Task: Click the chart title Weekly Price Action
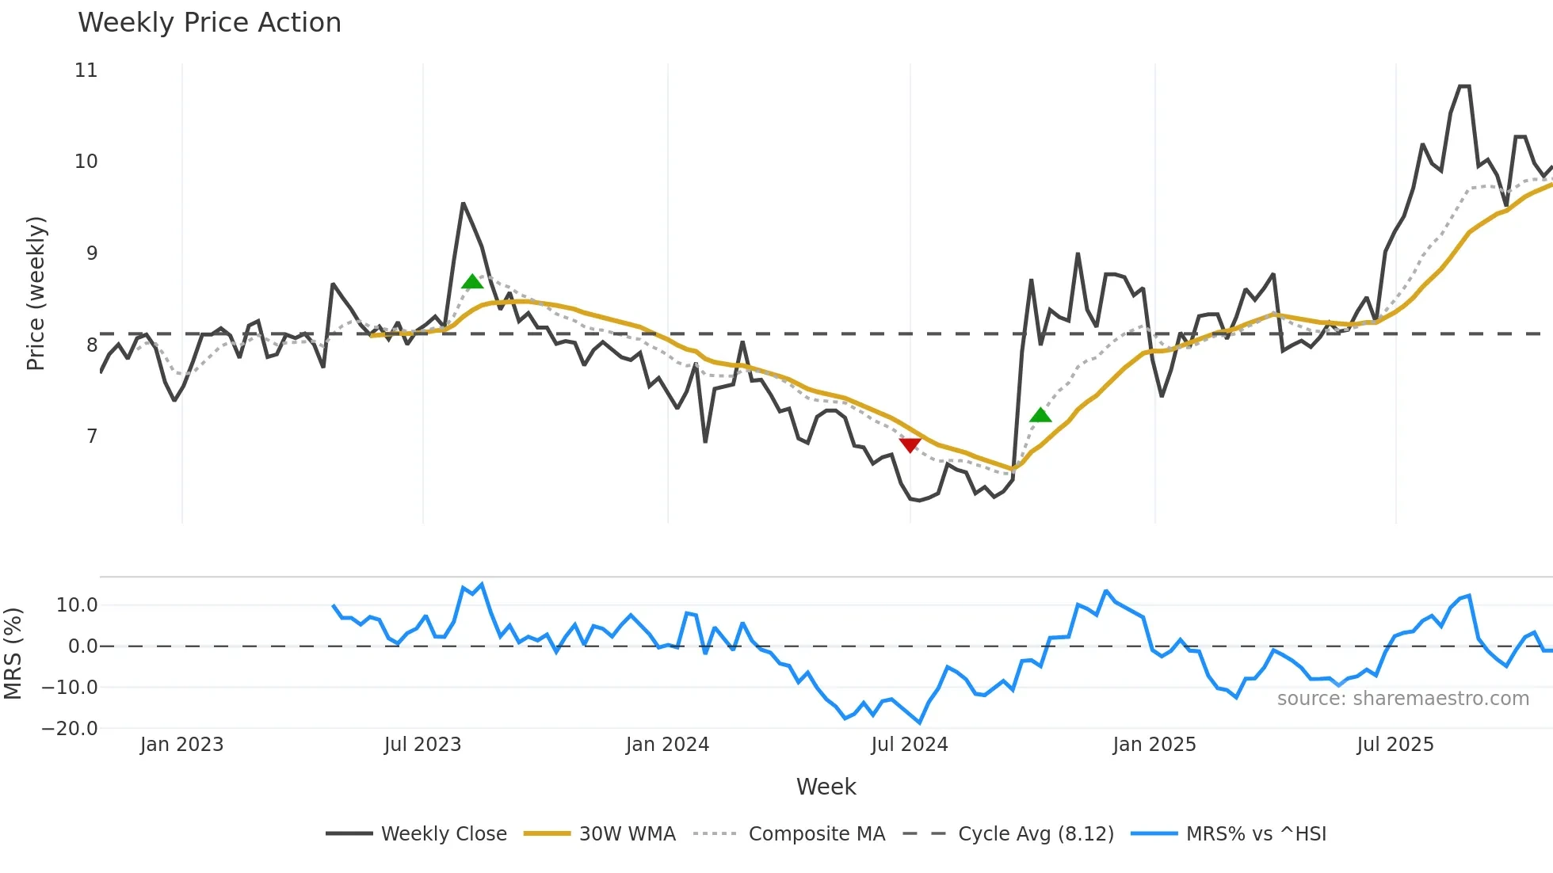[x=209, y=23]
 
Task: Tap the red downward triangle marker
[x=910, y=445]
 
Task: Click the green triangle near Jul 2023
[x=472, y=282]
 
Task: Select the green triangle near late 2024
[x=1040, y=415]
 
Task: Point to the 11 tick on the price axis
[x=86, y=71]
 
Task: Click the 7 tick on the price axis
[x=92, y=436]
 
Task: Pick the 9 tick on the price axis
[x=92, y=254]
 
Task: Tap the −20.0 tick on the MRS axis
[x=70, y=729]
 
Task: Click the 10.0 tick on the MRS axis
[x=77, y=605]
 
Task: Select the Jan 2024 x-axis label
[x=667, y=745]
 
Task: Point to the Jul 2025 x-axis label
[x=1395, y=745]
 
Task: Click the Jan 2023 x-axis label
[x=182, y=745]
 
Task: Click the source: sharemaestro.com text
[x=1402, y=699]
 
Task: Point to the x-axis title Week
[x=826, y=787]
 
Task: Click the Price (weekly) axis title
[x=36, y=293]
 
